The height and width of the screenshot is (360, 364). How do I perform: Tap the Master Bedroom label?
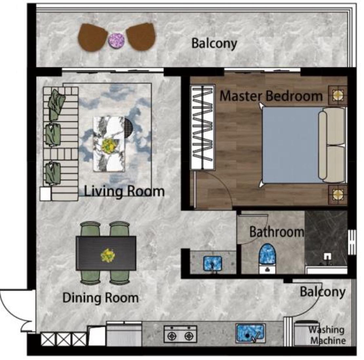click(x=271, y=96)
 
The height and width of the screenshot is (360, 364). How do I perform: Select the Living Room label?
click(x=124, y=191)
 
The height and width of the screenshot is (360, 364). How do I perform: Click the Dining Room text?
click(x=101, y=298)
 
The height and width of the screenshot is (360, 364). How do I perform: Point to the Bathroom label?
click(x=277, y=232)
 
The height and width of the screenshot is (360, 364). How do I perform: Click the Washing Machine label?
click(x=327, y=335)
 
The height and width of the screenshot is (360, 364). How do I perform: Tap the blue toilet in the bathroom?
click(x=267, y=259)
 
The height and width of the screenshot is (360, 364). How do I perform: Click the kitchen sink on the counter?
click(x=251, y=333)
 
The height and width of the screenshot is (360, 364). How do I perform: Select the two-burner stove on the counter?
click(x=181, y=334)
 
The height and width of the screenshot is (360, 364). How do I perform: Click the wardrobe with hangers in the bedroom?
click(x=202, y=127)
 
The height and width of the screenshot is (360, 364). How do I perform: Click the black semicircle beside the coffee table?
click(x=128, y=128)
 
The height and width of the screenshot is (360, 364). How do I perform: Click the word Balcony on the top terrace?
click(x=214, y=44)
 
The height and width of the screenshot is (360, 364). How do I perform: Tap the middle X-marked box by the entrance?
click(x=64, y=339)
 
